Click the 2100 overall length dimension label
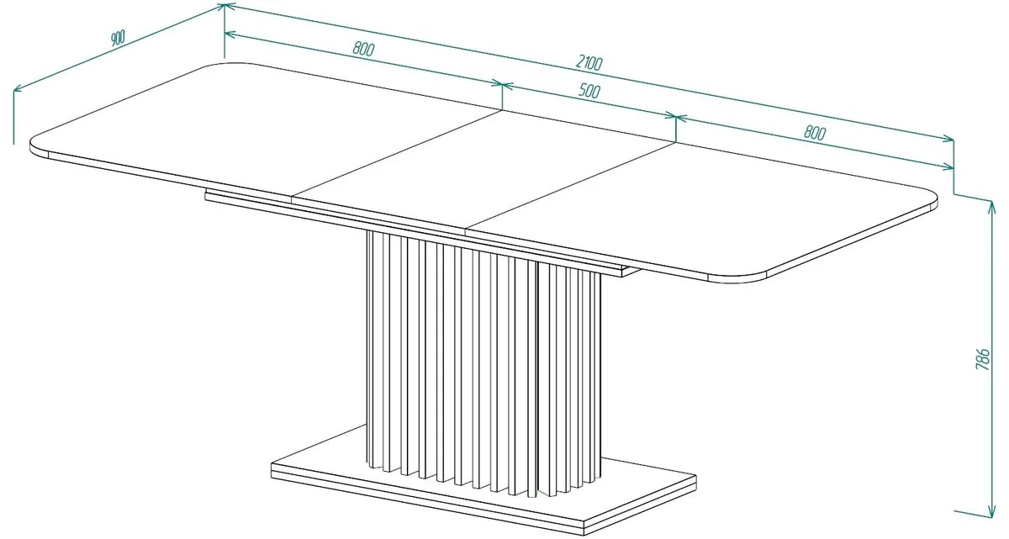pyautogui.click(x=589, y=64)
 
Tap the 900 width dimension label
pyautogui.click(x=117, y=39)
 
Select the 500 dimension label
pyautogui.click(x=589, y=91)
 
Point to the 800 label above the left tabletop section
pyautogui.click(x=363, y=49)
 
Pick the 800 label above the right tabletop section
pyautogui.click(x=815, y=133)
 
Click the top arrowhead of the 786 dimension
pyautogui.click(x=991, y=207)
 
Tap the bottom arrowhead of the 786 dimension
pyautogui.click(x=991, y=510)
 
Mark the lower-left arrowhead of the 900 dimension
pyautogui.click(x=18, y=88)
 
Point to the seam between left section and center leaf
pyautogui.click(x=397, y=154)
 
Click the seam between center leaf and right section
pyautogui.click(x=570, y=188)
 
